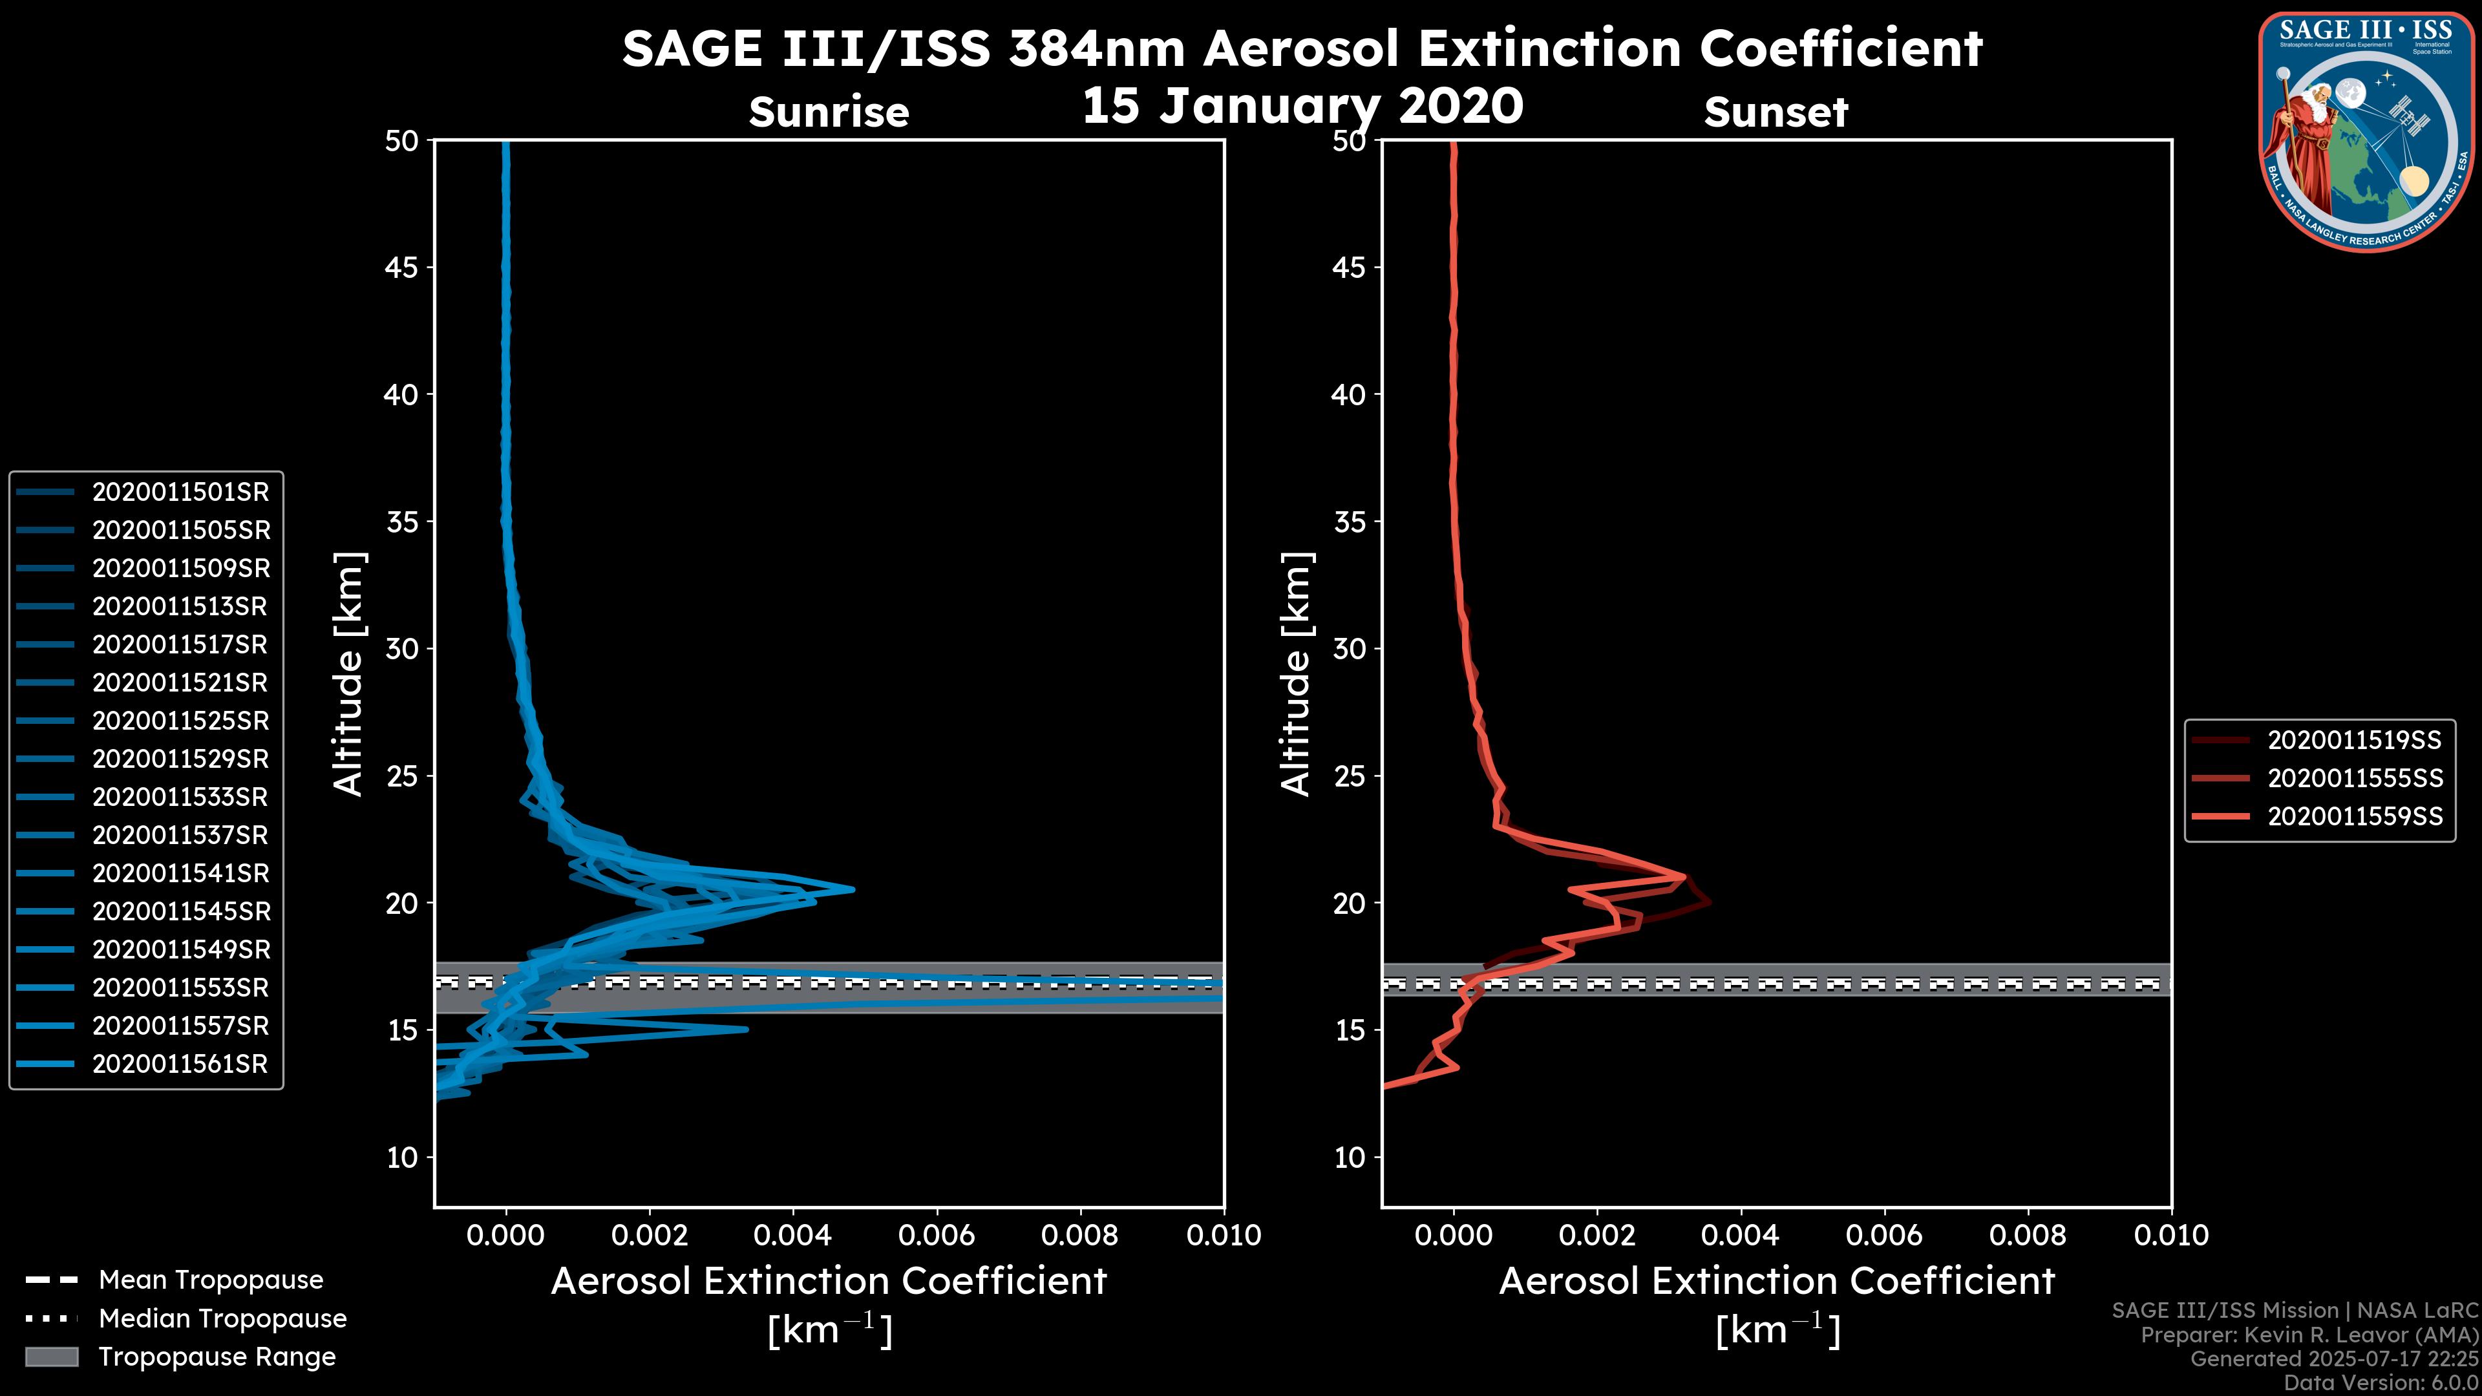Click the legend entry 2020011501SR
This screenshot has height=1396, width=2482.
point(180,492)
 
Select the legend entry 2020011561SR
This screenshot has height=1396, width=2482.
point(180,1064)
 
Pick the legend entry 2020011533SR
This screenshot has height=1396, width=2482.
point(180,798)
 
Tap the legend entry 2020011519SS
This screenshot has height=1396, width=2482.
point(2354,741)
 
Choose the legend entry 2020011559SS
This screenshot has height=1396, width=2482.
point(2354,817)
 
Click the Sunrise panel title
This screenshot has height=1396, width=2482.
point(829,112)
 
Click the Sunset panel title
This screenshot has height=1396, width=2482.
point(1776,112)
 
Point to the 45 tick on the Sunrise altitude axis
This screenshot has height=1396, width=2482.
point(402,268)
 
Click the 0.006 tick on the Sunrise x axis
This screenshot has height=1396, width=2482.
point(937,1235)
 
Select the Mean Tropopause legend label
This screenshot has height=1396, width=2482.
point(211,1280)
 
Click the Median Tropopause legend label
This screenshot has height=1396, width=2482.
point(222,1319)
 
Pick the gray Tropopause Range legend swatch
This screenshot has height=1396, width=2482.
point(52,1357)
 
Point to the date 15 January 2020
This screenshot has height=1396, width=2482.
point(1302,106)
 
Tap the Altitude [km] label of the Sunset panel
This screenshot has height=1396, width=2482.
point(1296,674)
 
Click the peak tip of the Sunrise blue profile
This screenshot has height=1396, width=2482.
point(853,889)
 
